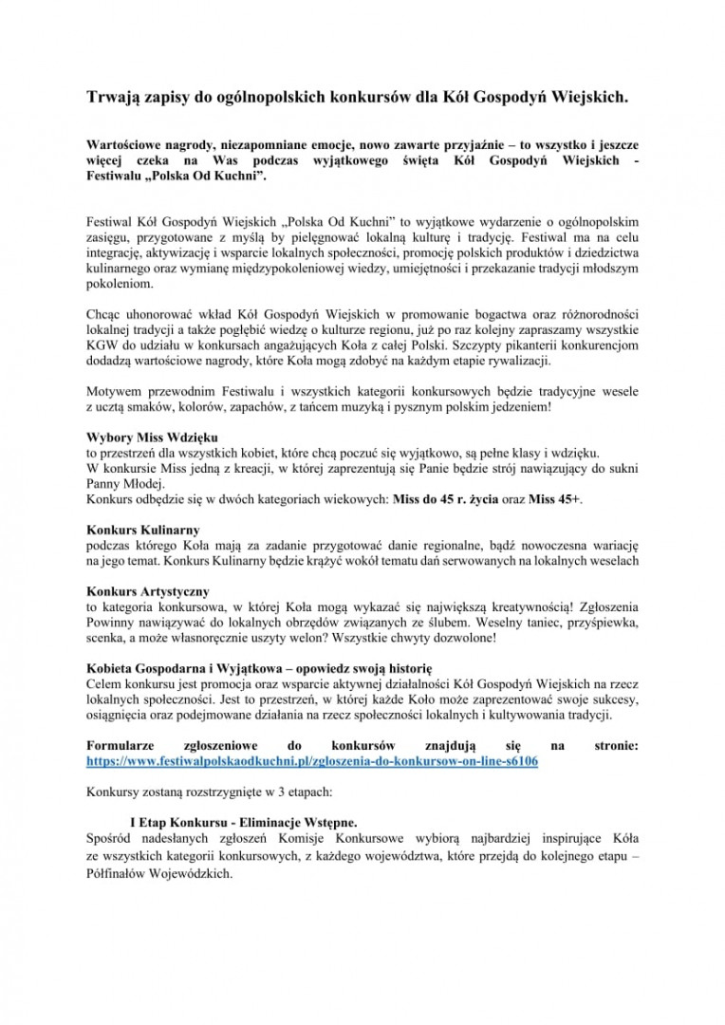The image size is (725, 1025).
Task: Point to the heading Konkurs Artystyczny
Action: tap(148, 590)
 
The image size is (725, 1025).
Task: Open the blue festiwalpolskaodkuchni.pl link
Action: tap(312, 761)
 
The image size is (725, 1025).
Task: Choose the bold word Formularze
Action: tap(119, 746)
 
